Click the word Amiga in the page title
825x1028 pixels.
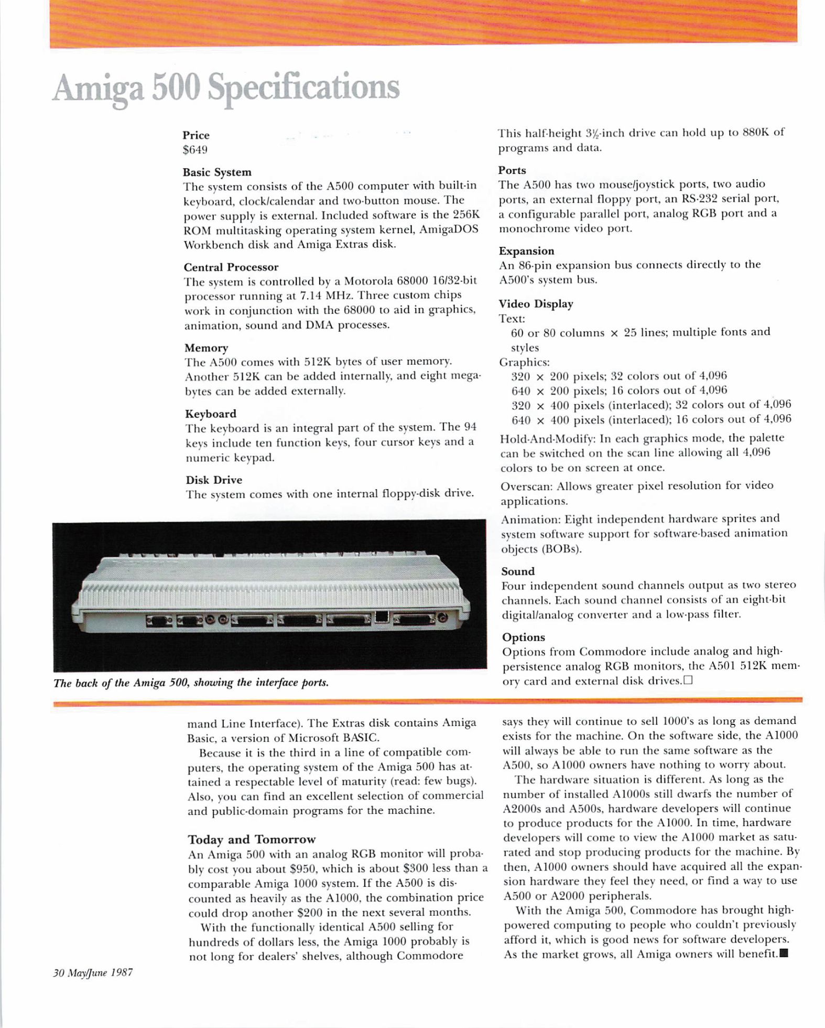98,88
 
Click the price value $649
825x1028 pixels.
195,150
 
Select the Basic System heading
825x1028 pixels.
217,172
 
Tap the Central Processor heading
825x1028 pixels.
231,267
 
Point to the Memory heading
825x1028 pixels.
206,348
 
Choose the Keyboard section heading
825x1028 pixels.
211,414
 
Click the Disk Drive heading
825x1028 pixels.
214,480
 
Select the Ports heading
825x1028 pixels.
512,170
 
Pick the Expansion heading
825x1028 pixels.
526,251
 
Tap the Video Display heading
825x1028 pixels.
536,304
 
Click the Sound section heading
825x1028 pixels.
518,571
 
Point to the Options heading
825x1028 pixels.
523,637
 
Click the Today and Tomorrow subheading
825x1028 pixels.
252,839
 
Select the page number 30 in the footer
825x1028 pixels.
58,973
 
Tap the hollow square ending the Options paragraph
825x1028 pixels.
688,680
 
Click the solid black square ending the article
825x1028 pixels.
784,953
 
